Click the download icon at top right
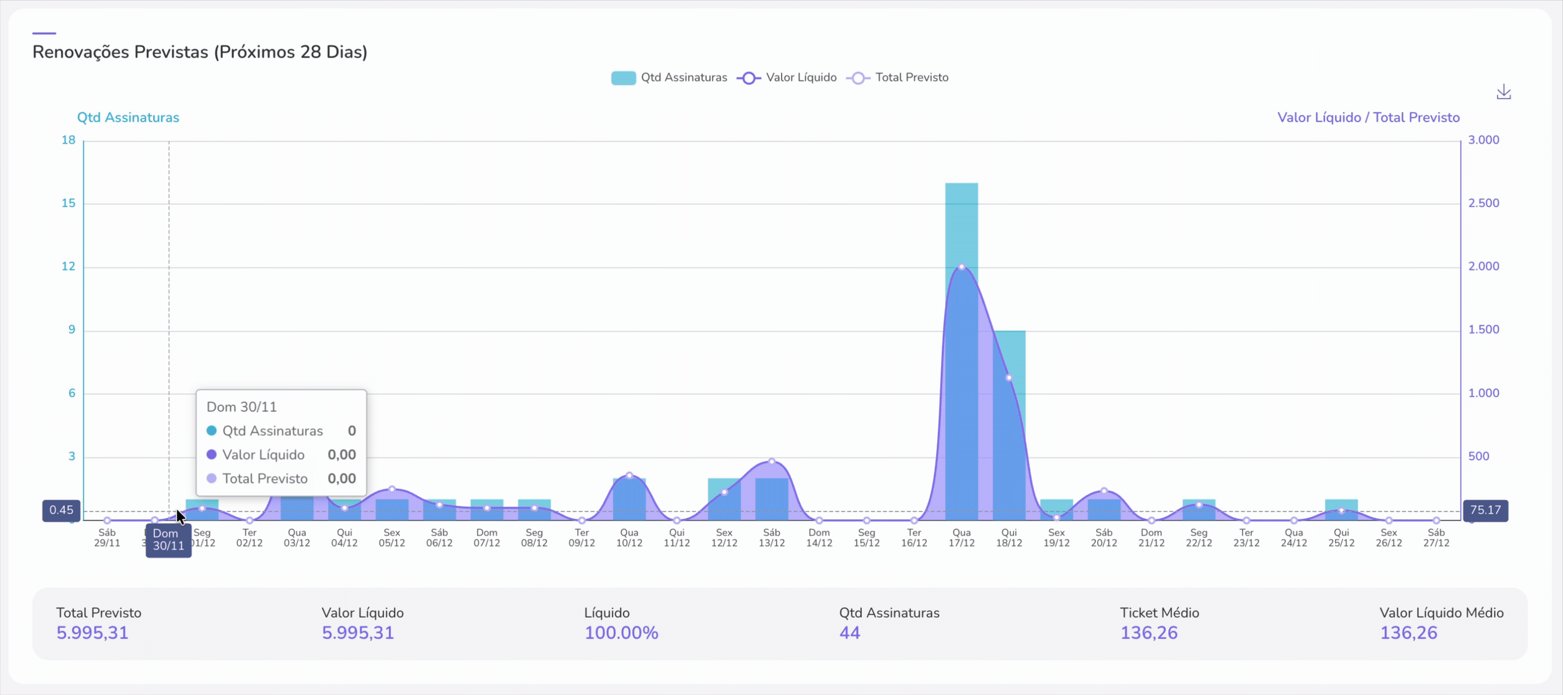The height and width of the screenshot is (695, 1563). [x=1503, y=92]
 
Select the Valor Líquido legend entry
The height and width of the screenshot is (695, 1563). [x=786, y=78]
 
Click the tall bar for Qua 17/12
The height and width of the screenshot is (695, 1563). [x=961, y=225]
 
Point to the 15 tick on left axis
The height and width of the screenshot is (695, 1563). [x=69, y=203]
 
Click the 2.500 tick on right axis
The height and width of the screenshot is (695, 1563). [x=1483, y=203]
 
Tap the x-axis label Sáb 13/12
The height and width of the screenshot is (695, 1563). [x=771, y=538]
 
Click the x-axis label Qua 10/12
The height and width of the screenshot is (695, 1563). [x=629, y=538]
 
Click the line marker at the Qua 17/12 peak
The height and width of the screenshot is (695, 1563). [x=961, y=267]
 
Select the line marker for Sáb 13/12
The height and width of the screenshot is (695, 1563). [x=771, y=462]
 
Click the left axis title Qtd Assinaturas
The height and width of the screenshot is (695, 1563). [x=128, y=118]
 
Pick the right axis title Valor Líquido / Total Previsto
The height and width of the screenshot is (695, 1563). [x=1368, y=118]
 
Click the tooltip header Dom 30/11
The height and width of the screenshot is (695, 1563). [x=241, y=407]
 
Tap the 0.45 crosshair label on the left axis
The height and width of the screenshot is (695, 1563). [x=61, y=510]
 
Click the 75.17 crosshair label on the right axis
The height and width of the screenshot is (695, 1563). [x=1485, y=510]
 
